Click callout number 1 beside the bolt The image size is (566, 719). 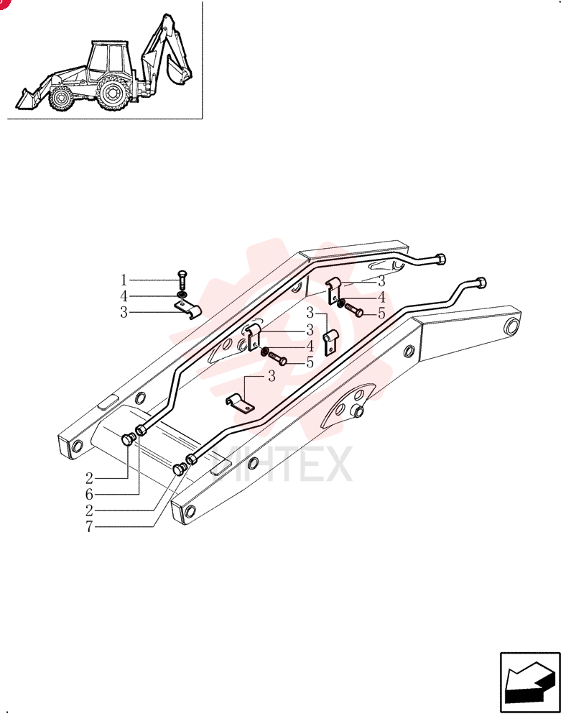click(123, 280)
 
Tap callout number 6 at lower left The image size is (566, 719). click(89, 495)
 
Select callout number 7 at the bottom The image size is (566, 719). click(89, 527)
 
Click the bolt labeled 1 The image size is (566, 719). click(182, 279)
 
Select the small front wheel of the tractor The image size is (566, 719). click(61, 98)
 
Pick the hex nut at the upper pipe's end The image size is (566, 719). click(440, 259)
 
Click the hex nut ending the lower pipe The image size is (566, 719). click(480, 283)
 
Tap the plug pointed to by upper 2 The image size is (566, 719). click(127, 439)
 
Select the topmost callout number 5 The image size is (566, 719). click(381, 313)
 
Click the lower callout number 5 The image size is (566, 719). click(310, 362)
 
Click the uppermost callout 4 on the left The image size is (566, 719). click(124, 296)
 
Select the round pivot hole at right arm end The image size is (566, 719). click(511, 326)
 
